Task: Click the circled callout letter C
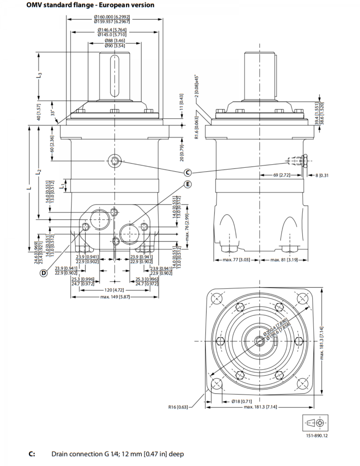tap(188, 172)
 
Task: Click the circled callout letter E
tap(188, 184)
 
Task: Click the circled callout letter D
tap(44, 273)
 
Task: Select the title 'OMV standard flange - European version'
tap(90, 5)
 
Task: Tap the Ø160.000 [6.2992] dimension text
tap(112, 17)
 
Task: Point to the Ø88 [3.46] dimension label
tap(114, 40)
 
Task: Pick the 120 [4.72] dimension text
tap(114, 290)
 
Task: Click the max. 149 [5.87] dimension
tap(114, 297)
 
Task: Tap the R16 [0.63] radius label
tap(178, 407)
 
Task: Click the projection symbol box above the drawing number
tap(315, 423)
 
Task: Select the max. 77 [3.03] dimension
tap(236, 259)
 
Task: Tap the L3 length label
tap(39, 76)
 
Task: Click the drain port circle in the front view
tap(115, 161)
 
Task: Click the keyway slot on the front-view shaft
tap(113, 76)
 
